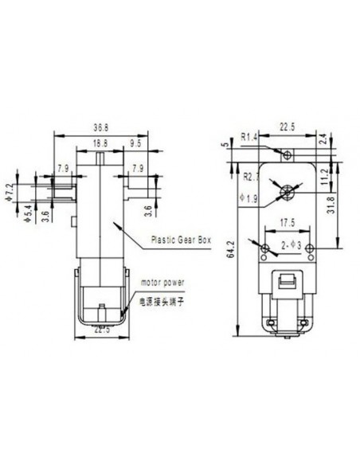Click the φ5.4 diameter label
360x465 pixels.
[25, 213]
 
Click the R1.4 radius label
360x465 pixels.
[248, 137]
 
